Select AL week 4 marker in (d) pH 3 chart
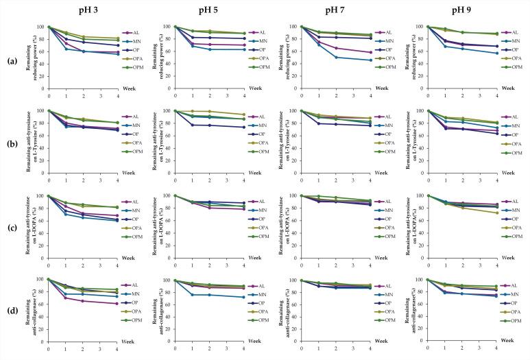tap(117, 304)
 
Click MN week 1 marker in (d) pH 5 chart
tap(192, 295)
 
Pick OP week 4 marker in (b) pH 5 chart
tap(243, 127)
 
